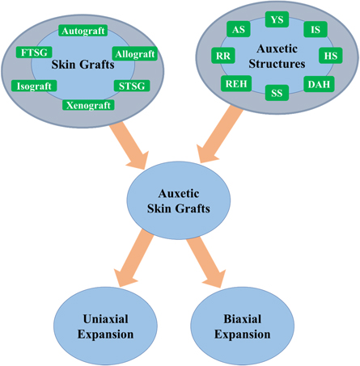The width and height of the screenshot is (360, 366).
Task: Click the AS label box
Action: (x=239, y=29)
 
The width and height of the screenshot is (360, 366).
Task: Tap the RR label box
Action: (x=224, y=56)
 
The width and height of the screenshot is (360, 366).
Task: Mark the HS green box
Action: (x=330, y=56)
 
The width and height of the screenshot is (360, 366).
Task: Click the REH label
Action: (x=235, y=83)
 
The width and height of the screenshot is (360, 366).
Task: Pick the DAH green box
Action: (x=317, y=83)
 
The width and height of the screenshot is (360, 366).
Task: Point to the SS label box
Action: (x=277, y=93)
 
